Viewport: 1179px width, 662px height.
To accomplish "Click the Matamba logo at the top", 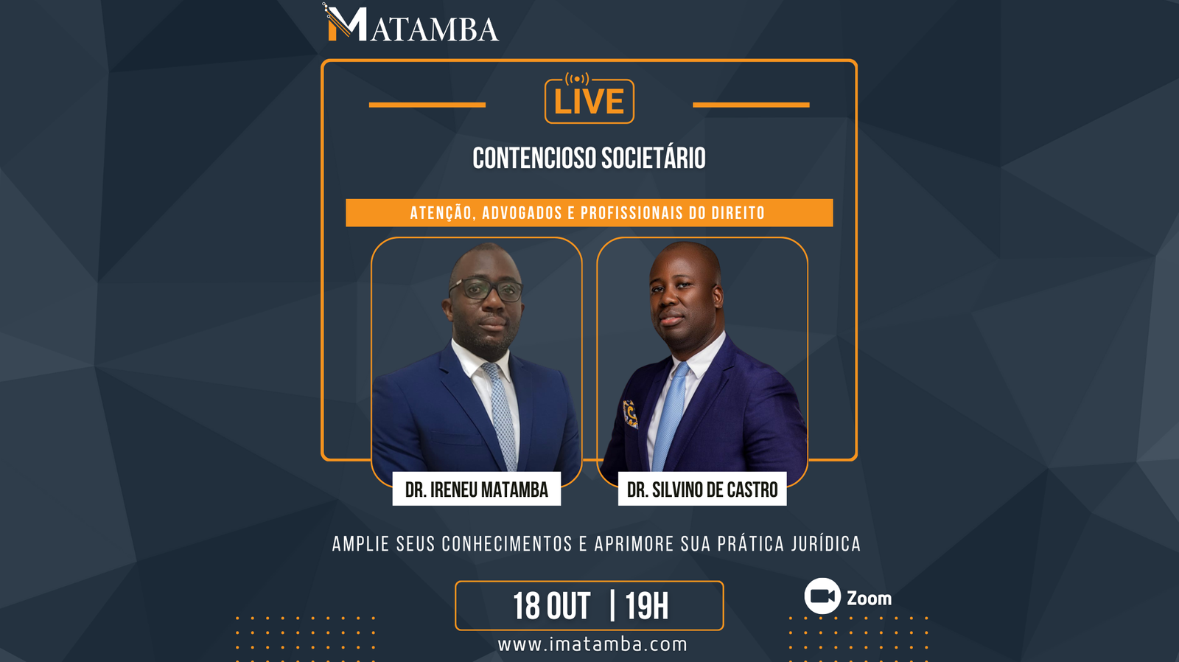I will point(410,24).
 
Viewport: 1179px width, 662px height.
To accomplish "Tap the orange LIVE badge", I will point(589,101).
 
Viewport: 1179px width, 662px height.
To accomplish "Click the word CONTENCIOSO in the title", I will point(533,158).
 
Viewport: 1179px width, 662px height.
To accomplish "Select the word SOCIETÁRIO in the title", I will point(653,158).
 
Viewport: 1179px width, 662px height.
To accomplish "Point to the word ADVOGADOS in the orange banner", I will point(522,213).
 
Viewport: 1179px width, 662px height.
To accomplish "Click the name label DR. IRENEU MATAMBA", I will point(476,489).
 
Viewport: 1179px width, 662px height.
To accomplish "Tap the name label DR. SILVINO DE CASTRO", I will point(702,489).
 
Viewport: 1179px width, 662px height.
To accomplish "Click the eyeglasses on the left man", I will point(486,290).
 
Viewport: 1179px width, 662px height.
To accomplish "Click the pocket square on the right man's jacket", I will point(630,414).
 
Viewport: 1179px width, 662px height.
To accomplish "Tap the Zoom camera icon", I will point(822,596).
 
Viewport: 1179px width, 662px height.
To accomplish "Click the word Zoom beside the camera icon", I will point(869,599).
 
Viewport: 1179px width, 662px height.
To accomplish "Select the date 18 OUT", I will point(551,607).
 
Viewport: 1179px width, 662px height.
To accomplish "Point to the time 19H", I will point(646,607).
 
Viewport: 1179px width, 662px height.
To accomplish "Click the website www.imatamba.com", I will point(592,644).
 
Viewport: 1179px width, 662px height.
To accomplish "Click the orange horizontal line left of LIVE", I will point(427,105).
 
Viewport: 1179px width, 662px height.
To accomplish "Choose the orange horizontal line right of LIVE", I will point(751,105).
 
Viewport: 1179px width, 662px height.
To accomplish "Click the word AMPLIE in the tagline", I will point(360,545).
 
